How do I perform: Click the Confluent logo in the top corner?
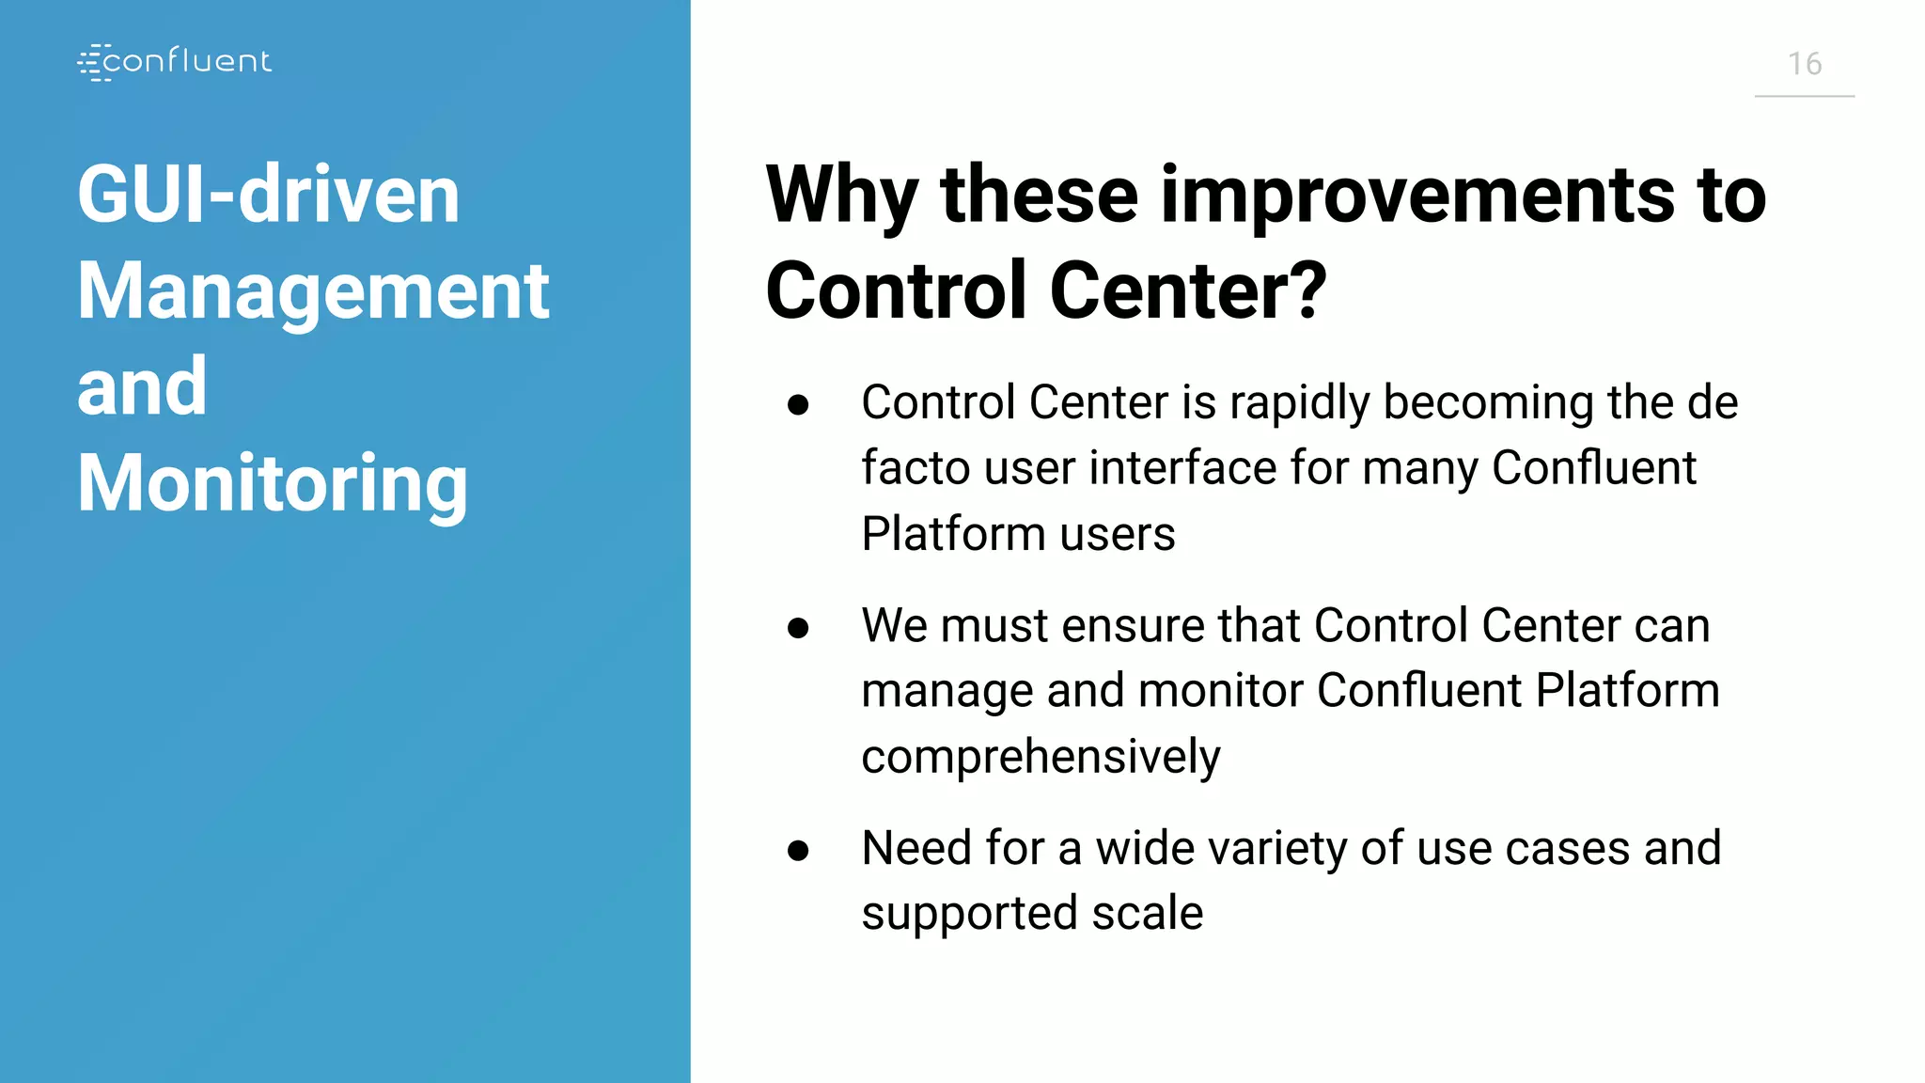(175, 62)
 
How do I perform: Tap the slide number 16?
(1804, 64)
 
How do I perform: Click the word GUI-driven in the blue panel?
(268, 195)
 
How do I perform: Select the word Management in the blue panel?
(313, 291)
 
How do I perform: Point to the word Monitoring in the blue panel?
(272, 483)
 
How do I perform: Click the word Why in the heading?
(841, 196)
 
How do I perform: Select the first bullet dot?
(798, 405)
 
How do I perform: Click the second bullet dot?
(798, 628)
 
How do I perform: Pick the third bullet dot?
(798, 851)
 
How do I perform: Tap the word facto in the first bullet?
(915, 468)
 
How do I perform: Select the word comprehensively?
(1041, 757)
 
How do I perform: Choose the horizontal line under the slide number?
(1804, 96)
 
